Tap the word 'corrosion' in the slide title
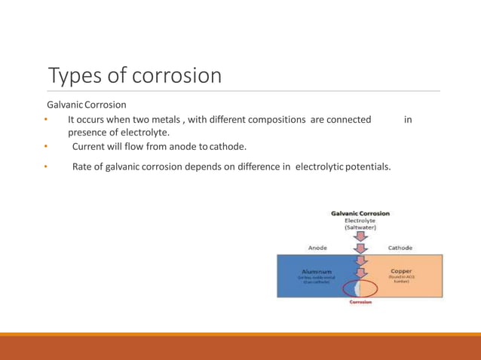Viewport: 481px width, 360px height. click(177, 75)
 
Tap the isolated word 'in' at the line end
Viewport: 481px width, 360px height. click(408, 120)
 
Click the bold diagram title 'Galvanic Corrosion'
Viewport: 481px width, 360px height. click(360, 213)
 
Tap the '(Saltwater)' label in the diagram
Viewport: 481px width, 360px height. click(360, 227)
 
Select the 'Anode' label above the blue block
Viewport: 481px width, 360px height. click(317, 247)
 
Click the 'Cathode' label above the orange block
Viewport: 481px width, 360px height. click(400, 247)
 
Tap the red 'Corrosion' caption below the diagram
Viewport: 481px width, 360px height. click(360, 302)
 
